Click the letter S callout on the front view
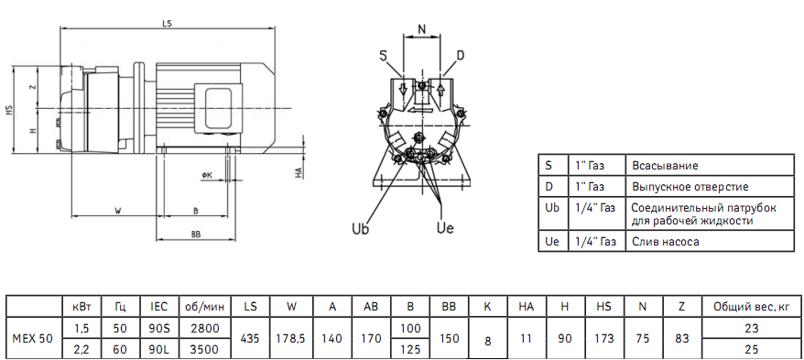383,56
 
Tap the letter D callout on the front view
460,56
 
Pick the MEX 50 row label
31,338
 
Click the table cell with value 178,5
290,338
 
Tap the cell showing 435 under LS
249,338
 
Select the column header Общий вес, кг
750,307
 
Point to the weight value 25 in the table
750,349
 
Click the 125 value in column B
409,349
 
